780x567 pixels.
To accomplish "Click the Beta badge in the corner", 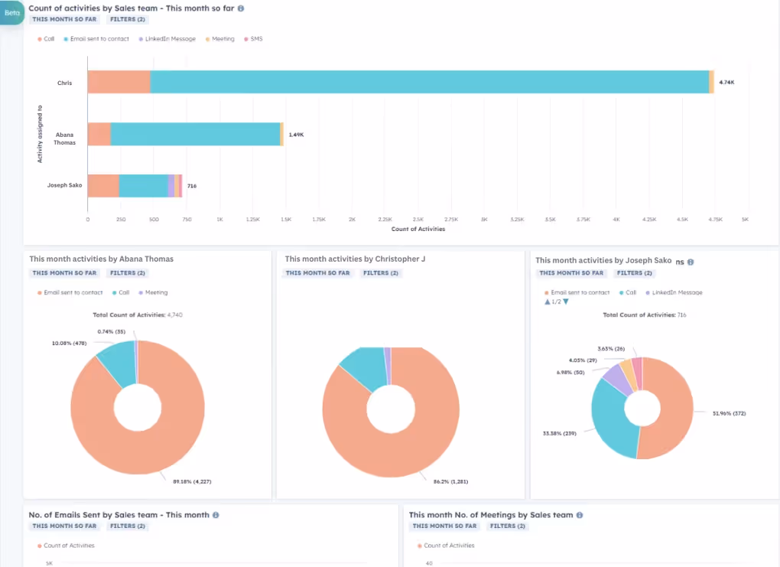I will point(11,13).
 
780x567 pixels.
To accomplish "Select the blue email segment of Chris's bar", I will point(428,82).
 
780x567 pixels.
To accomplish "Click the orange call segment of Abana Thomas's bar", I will point(99,134).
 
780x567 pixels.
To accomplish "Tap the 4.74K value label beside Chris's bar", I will point(726,82).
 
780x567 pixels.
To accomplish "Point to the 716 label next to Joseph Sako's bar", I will point(192,186).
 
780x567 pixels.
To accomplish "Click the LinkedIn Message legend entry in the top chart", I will point(170,38).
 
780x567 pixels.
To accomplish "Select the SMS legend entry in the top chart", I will point(256,38).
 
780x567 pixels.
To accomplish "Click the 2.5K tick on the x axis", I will point(418,219).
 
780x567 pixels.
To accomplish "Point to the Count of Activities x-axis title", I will point(418,229).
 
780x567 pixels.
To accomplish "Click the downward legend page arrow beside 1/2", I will point(566,301).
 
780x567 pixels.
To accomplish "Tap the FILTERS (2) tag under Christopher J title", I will point(382,273).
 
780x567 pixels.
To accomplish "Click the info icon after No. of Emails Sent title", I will point(216,515).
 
